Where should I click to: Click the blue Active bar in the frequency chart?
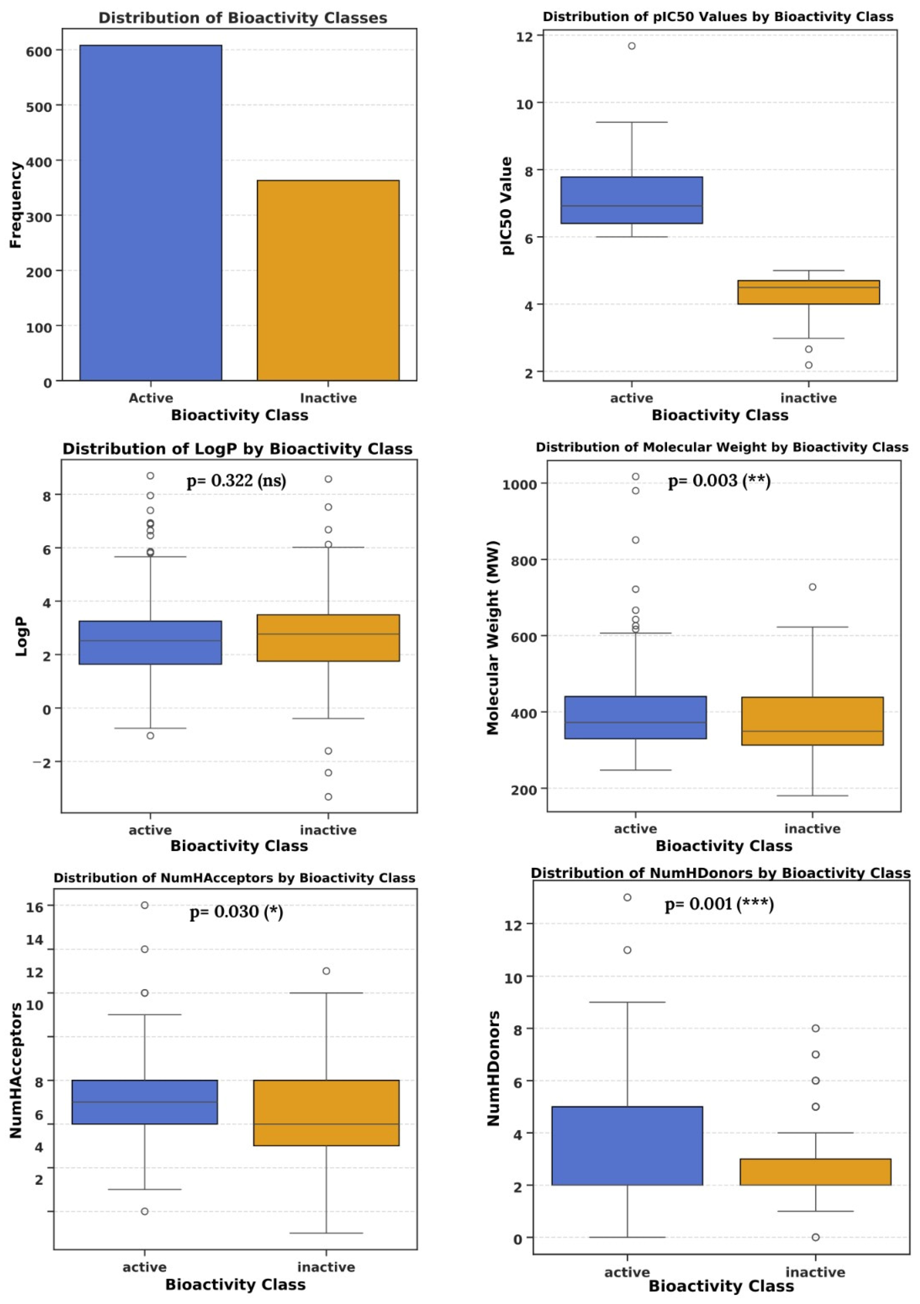[151, 213]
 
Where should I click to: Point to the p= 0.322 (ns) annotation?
[237, 481]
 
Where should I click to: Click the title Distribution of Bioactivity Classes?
[243, 18]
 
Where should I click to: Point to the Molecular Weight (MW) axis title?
[492, 637]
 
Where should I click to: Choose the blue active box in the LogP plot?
[151, 642]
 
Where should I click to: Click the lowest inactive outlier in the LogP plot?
[328, 797]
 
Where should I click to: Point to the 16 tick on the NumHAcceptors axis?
[35, 907]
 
